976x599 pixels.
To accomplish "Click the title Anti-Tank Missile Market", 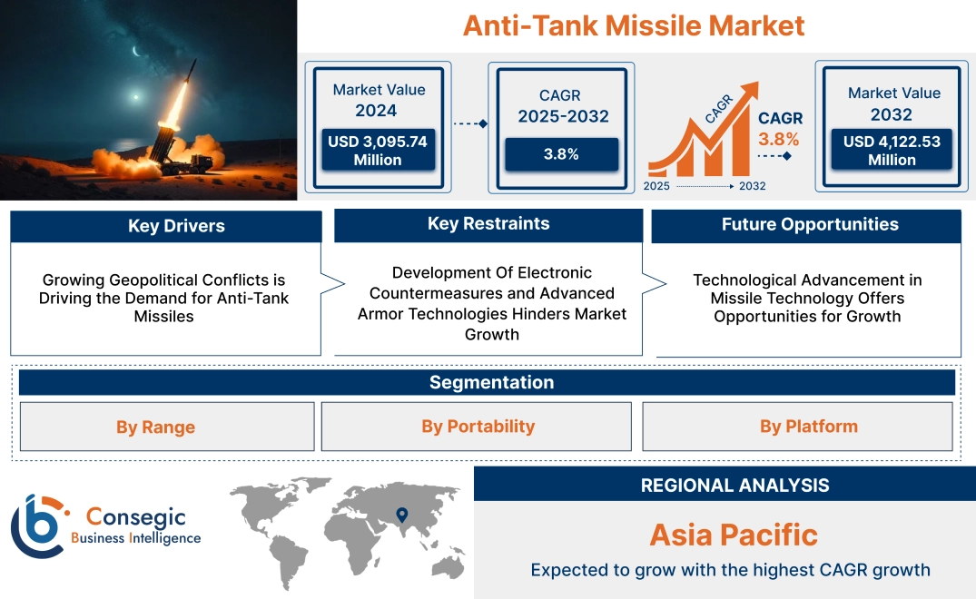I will click(634, 25).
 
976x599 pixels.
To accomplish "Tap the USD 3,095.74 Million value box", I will click(378, 151).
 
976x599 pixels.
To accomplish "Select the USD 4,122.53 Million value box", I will click(892, 151).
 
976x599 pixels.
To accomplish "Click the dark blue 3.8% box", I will click(561, 154).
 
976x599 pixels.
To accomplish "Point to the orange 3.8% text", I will click(778, 139).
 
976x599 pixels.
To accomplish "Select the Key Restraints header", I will click(488, 224).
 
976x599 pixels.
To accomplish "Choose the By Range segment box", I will click(155, 427).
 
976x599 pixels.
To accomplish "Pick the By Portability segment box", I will click(478, 427).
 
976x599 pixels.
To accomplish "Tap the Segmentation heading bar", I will click(491, 382).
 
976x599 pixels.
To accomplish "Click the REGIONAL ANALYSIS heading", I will click(734, 486).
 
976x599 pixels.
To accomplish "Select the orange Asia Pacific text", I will click(734, 535).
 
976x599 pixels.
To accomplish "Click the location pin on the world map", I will click(399, 516).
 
